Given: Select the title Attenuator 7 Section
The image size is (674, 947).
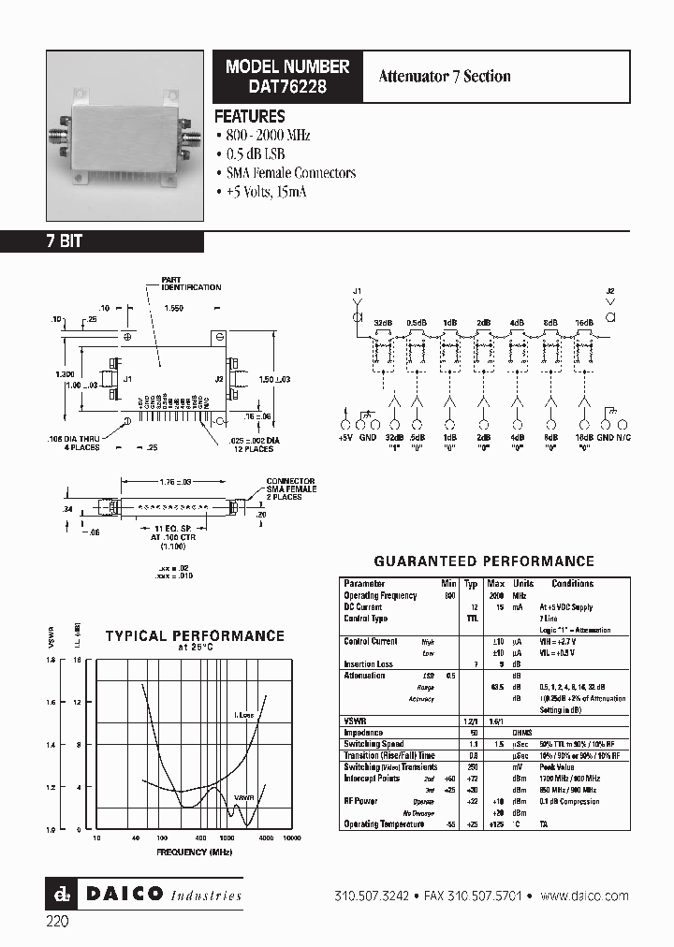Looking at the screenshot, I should tap(445, 77).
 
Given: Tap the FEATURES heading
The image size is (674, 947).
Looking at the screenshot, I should tap(250, 117).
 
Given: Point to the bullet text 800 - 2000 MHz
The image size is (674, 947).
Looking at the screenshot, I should tap(268, 135).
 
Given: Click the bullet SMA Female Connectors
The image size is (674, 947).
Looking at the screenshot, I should tap(290, 173).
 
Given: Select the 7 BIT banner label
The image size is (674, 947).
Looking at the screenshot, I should tap(65, 241).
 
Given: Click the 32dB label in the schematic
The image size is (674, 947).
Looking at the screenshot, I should tap(383, 322).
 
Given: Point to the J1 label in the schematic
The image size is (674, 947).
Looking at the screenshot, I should tap(357, 292).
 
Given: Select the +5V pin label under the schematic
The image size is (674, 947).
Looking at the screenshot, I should tap(346, 437).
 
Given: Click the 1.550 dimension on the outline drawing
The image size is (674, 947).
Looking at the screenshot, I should tap(173, 307).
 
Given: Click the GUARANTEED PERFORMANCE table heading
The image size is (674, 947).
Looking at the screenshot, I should tap(484, 561).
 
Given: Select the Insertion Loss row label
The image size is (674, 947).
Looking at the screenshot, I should tap(370, 663).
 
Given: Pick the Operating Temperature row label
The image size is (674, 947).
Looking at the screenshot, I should tap(387, 824).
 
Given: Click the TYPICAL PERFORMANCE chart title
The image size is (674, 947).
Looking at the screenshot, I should tap(195, 636).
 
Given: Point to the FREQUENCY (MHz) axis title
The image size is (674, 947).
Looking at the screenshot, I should tap(195, 852).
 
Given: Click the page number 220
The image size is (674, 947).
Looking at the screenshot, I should tap(57, 921).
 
